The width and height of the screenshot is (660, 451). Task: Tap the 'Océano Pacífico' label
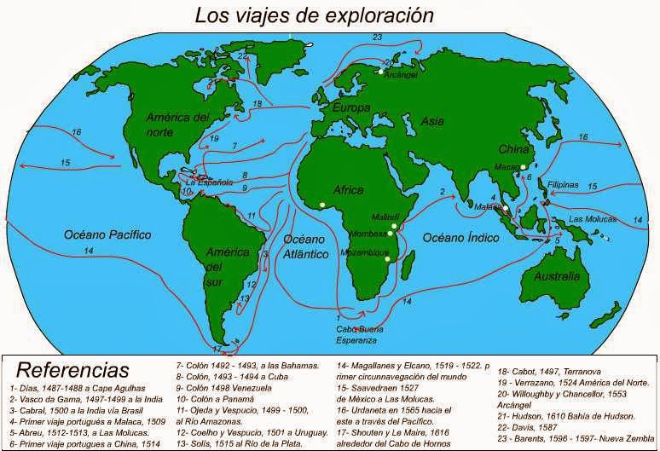pyautogui.click(x=107, y=233)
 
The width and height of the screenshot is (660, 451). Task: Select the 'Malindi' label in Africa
pyautogui.click(x=373, y=219)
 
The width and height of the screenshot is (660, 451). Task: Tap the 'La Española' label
pyautogui.click(x=209, y=182)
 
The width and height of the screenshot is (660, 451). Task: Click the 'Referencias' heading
pyautogui.click(x=73, y=370)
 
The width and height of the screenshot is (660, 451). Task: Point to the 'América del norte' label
pyautogui.click(x=177, y=124)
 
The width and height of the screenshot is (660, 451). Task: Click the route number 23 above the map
pyautogui.click(x=378, y=37)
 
